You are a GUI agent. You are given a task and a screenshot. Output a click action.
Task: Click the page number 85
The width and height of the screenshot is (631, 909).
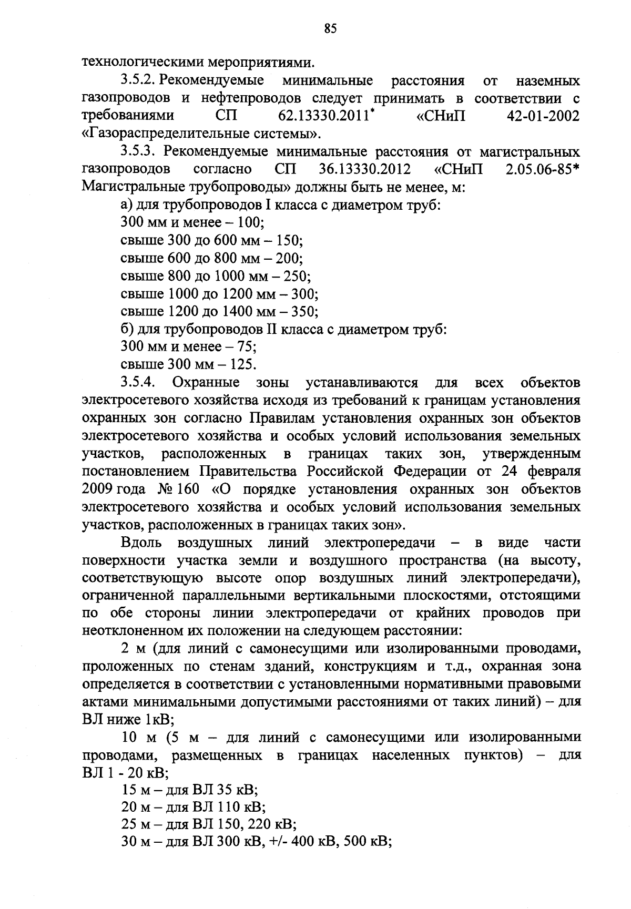tap(330, 29)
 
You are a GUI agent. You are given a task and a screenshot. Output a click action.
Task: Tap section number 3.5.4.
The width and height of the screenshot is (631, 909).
tap(137, 382)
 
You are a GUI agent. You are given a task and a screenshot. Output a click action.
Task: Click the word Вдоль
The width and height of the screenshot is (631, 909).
tap(141, 542)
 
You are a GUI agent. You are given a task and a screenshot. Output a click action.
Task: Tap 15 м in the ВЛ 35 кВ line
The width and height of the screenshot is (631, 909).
tap(131, 790)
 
